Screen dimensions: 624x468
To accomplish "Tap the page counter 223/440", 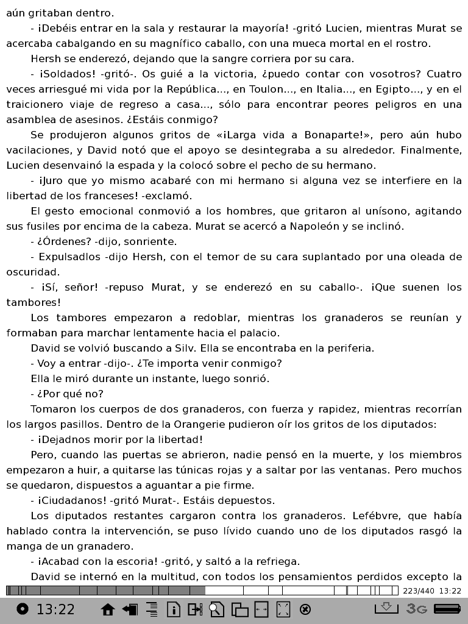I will point(419,590).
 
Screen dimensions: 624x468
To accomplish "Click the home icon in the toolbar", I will point(108,609).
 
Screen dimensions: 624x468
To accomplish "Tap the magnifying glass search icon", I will point(217,609).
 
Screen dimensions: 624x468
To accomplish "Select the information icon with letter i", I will point(174,609).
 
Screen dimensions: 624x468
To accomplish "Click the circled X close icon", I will point(306,609).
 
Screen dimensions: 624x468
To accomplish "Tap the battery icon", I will point(447,609).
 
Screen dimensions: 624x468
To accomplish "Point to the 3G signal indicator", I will point(417,609).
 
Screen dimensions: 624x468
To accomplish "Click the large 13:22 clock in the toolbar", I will point(55,609).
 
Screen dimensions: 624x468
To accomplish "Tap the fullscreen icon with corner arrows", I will point(283,609).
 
